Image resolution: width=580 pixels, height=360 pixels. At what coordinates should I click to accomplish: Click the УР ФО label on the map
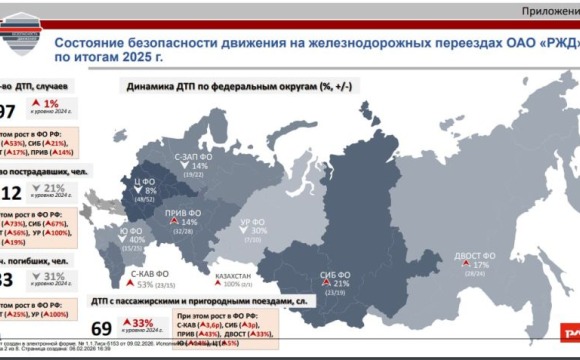(x=252, y=220)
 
